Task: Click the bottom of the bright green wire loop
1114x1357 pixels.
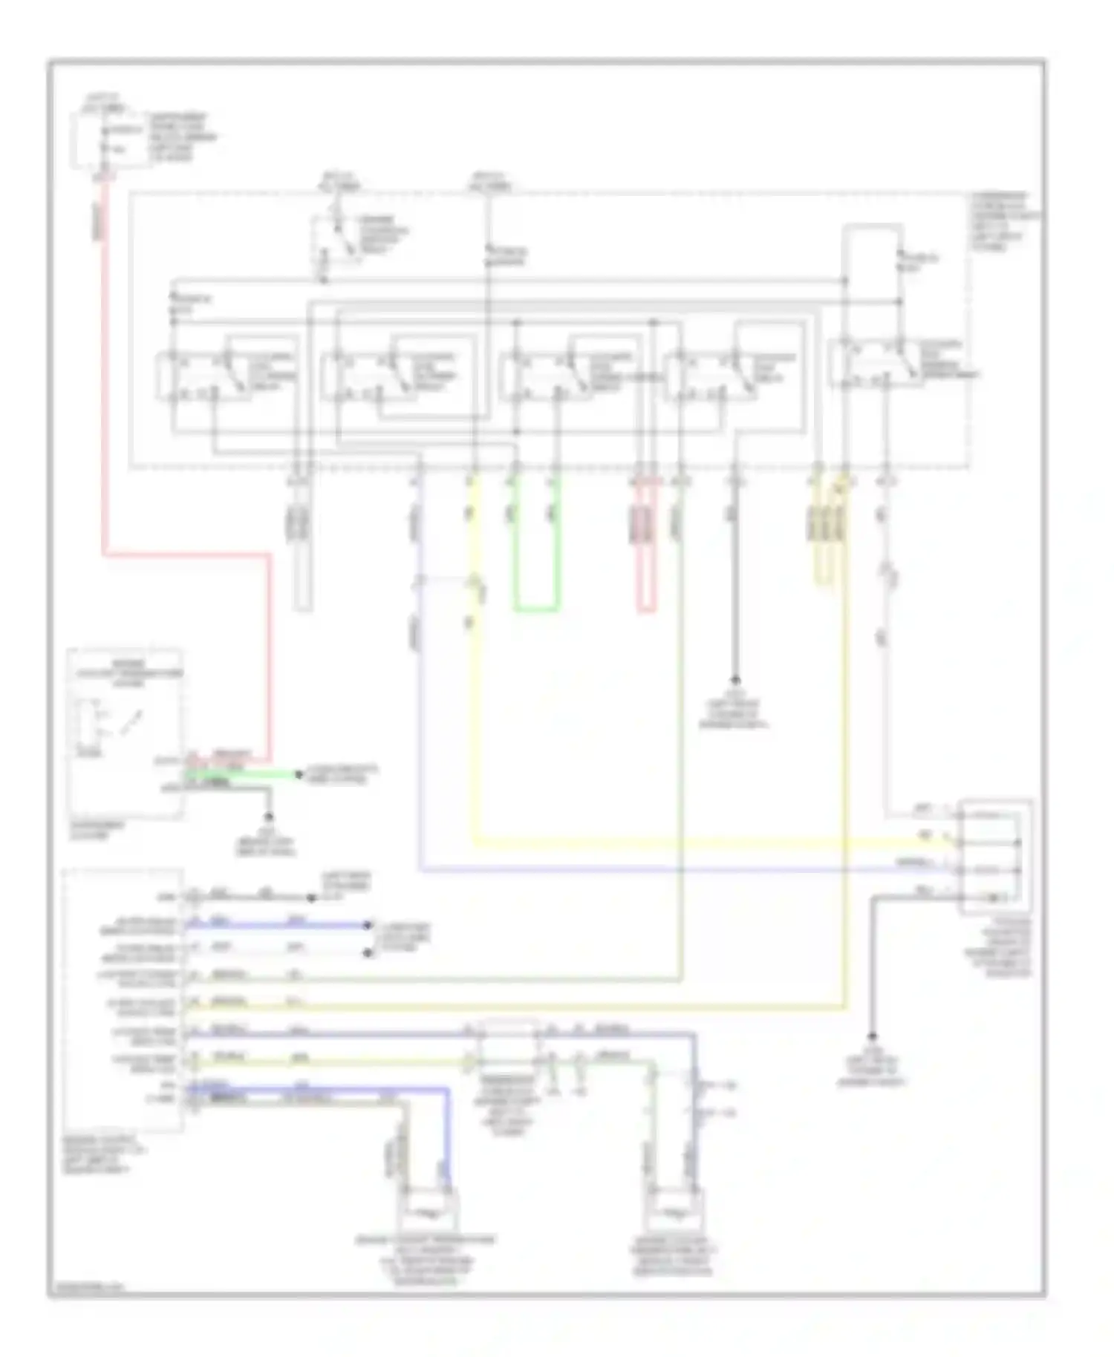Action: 536,610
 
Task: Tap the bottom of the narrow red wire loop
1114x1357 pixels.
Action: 646,612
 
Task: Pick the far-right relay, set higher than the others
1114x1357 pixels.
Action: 876,363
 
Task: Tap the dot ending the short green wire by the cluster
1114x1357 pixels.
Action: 299,775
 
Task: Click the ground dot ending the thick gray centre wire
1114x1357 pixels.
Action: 735,680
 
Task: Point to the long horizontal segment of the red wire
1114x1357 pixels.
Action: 186,554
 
